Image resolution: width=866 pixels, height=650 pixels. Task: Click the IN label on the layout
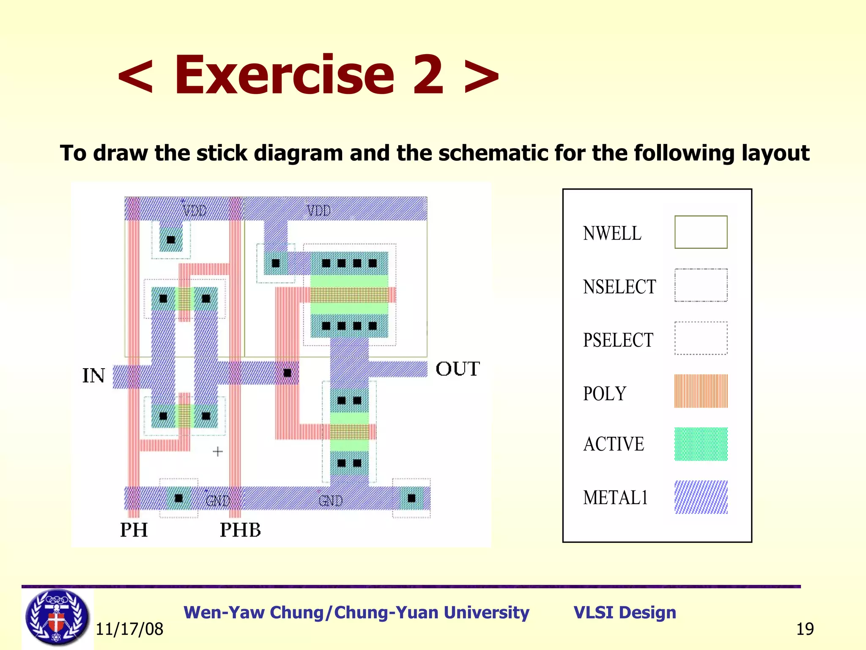[93, 376]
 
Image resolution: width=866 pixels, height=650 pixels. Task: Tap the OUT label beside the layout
[458, 369]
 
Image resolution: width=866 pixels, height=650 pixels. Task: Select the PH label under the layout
[134, 530]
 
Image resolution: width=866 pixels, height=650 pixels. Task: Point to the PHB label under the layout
[240, 530]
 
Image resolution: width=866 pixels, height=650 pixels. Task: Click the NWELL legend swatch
[701, 232]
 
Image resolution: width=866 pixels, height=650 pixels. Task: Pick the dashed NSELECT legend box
[701, 285]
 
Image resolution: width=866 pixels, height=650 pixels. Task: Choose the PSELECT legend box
[701, 338]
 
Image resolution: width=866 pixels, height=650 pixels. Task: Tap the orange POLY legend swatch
[701, 391]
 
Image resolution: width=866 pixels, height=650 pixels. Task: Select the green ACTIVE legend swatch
[701, 444]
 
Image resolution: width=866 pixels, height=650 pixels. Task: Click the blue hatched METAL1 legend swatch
[701, 497]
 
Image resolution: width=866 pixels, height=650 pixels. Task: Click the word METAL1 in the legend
[615, 498]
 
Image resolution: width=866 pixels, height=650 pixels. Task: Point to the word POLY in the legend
[604, 394]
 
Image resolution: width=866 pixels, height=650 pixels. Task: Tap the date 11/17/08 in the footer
[129, 629]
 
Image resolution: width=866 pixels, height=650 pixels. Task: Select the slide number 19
[805, 629]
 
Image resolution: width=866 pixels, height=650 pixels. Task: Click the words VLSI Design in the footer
[625, 613]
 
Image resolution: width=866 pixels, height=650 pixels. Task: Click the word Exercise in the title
[308, 75]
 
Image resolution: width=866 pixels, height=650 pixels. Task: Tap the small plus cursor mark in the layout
[218, 452]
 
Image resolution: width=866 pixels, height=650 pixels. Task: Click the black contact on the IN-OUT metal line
[288, 373]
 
